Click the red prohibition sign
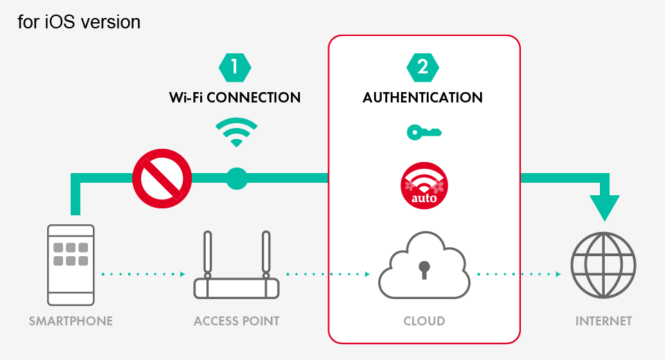click(162, 179)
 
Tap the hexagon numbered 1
click(235, 66)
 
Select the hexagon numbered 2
click(423, 66)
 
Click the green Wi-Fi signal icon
click(236, 132)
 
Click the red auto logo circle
click(424, 185)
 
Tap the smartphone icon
click(71, 264)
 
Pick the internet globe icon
click(603, 266)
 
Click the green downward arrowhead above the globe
click(605, 207)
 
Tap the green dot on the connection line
click(236, 179)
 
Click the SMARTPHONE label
click(71, 321)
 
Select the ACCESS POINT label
click(236, 321)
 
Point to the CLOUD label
click(424, 321)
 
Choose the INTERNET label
click(603, 321)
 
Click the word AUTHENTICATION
click(423, 98)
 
